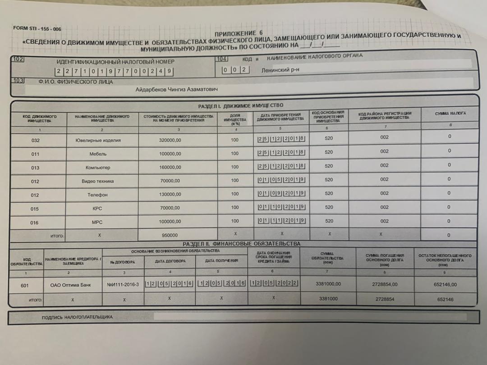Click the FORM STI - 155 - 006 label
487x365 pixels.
click(x=37, y=28)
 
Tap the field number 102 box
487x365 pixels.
click(x=18, y=59)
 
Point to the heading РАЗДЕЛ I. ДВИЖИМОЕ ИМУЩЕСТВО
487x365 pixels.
click(x=241, y=105)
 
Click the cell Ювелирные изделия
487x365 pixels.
click(x=98, y=140)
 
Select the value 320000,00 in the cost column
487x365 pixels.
click(x=170, y=140)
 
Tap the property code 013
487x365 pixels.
click(x=35, y=168)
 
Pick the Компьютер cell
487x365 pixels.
click(x=98, y=168)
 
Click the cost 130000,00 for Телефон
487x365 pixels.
click(x=170, y=195)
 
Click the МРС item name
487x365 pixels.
click(x=97, y=222)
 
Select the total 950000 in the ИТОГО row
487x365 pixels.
click(x=170, y=235)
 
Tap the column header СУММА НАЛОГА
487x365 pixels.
click(x=450, y=114)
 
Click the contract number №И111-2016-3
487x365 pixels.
click(x=123, y=285)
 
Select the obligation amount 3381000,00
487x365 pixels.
click(x=326, y=284)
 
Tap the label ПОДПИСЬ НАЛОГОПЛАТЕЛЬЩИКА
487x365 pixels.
click(x=77, y=317)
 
